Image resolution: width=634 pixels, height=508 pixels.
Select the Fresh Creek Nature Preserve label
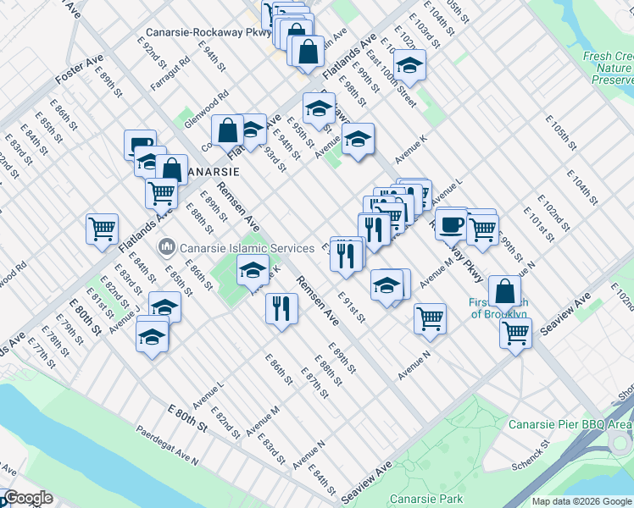[x=608, y=68]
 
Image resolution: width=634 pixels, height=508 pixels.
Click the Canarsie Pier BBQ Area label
[x=570, y=424]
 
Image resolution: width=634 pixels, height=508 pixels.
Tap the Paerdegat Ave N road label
[x=167, y=444]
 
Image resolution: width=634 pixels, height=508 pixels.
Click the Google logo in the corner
[x=29, y=499]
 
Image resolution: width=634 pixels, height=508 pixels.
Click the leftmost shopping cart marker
[x=102, y=229]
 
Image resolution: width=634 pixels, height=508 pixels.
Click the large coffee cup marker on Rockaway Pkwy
[x=451, y=223]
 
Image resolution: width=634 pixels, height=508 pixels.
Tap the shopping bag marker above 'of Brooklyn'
[x=504, y=290]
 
